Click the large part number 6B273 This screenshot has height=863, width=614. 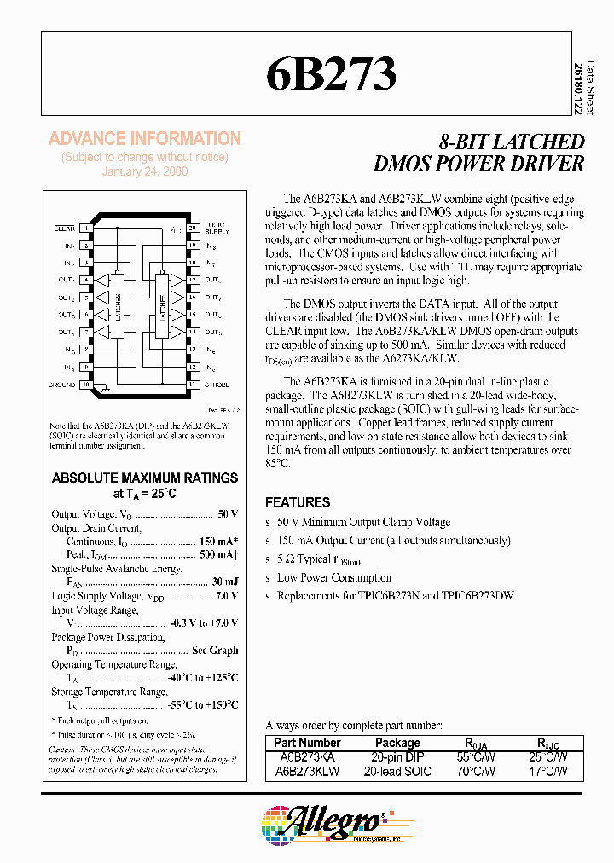[332, 74]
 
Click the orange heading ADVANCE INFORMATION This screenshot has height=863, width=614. [145, 138]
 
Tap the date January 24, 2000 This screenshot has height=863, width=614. [145, 171]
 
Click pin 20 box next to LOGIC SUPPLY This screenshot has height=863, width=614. [193, 229]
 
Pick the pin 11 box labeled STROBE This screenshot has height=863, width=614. [193, 385]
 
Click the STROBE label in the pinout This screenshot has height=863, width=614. [217, 385]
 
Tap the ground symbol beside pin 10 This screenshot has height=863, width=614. [104, 388]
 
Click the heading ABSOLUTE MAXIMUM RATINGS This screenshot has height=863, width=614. [145, 478]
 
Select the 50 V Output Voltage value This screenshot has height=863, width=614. [228, 514]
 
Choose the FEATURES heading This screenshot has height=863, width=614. [298, 502]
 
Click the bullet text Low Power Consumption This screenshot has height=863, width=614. [334, 577]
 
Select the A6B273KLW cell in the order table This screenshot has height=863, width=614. [307, 771]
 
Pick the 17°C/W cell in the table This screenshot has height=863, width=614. [547, 771]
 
